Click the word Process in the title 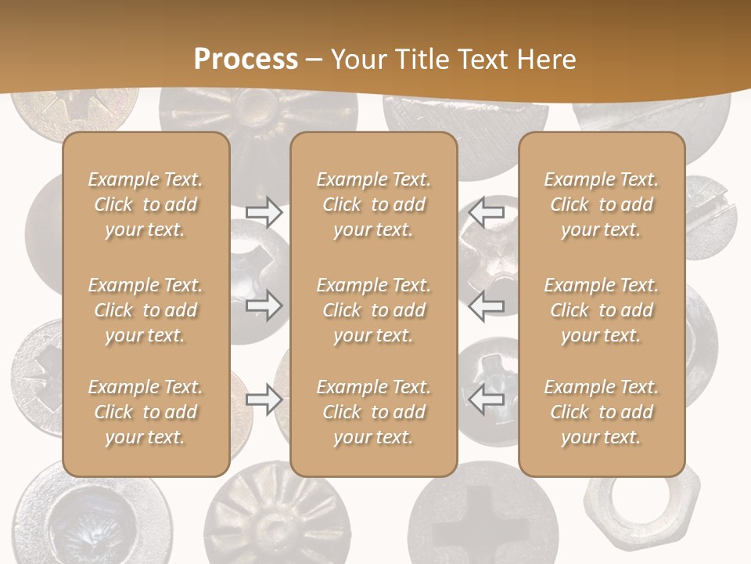click(x=246, y=60)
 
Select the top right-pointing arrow click(x=264, y=212)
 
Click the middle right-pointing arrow click(x=264, y=305)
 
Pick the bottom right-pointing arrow click(x=264, y=399)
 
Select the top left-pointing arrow click(x=486, y=211)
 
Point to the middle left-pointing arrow click(x=486, y=305)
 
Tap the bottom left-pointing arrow click(x=486, y=399)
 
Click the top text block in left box click(x=146, y=204)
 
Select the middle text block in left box click(x=146, y=310)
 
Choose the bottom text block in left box click(x=146, y=412)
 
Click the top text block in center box click(x=373, y=204)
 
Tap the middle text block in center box click(x=373, y=310)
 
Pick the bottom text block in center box click(x=373, y=412)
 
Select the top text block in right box click(x=602, y=204)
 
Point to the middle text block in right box click(x=602, y=310)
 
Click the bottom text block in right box click(x=602, y=412)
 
